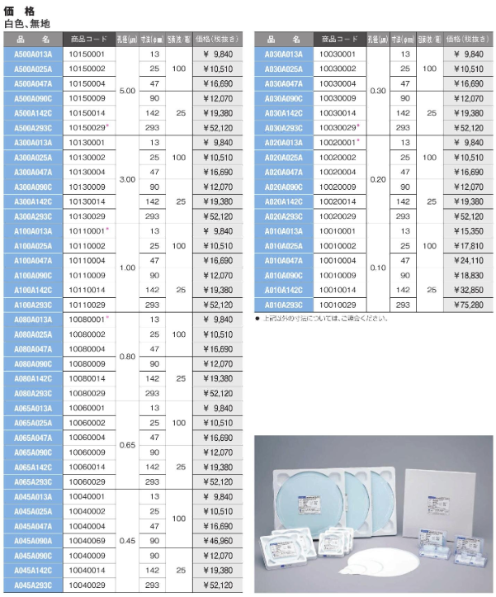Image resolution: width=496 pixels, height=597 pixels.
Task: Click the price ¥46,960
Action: pos(223,540)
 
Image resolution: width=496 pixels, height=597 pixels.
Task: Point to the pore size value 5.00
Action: pos(127,91)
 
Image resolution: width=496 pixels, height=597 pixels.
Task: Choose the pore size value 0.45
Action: pos(127,540)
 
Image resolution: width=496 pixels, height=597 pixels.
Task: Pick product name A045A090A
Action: pos(34,540)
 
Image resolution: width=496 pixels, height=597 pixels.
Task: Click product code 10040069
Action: pos(84,540)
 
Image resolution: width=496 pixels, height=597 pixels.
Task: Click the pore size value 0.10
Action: pos(378,268)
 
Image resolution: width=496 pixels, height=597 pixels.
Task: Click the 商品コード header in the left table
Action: pos(87,39)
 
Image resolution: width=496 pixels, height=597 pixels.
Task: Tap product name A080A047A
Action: pos(34,348)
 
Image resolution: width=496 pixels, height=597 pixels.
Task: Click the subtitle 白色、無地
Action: pos(27,23)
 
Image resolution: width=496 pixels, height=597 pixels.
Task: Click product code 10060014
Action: pos(84,467)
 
